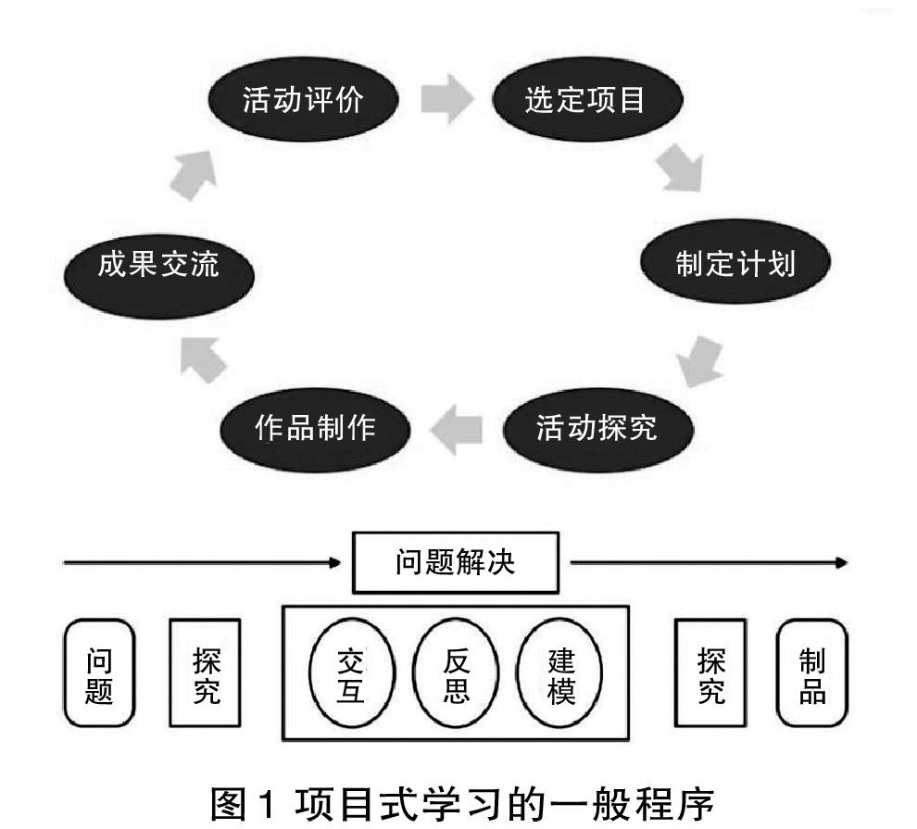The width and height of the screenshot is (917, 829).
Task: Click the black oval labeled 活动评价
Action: [x=304, y=99]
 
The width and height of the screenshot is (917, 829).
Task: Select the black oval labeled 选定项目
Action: [x=587, y=99]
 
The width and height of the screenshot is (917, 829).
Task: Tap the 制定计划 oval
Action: [x=735, y=261]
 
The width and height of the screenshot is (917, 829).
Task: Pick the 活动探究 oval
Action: [x=597, y=430]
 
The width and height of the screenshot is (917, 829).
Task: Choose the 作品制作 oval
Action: [x=315, y=430]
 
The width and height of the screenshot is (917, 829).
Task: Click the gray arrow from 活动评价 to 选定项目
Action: [x=446, y=98]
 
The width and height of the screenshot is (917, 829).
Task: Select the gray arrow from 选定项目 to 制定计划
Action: [x=681, y=169]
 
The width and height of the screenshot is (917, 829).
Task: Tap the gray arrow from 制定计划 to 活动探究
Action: [x=700, y=361]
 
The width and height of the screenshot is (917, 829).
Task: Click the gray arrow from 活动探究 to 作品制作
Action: [x=456, y=430]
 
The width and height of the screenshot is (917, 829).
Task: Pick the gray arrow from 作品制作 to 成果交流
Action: [x=202, y=359]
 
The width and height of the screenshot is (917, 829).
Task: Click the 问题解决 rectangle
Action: [x=456, y=562]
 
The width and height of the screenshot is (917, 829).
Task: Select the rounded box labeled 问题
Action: [x=99, y=672]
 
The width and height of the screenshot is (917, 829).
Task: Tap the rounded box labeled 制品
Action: [x=811, y=672]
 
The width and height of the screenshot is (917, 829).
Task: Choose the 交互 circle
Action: [x=351, y=672]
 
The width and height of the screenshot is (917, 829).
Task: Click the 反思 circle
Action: [x=456, y=672]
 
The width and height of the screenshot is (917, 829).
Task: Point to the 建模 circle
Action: [x=559, y=672]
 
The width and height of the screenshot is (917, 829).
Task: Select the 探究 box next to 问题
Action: [x=206, y=672]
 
